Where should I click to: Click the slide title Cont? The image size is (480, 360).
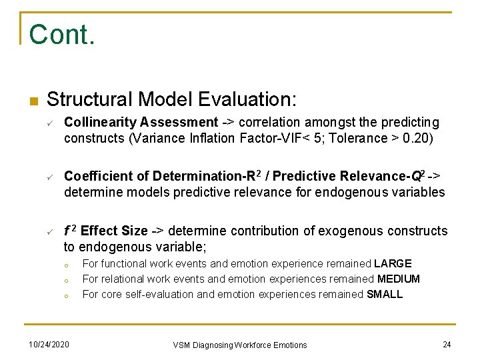click(x=62, y=35)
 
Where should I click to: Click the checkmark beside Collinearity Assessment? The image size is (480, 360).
click(x=49, y=123)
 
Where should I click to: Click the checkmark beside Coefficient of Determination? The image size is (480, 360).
click(x=49, y=177)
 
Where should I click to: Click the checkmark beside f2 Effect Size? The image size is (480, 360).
click(x=49, y=231)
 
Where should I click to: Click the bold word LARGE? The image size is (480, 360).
click(x=393, y=264)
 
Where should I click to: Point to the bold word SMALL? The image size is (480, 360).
click(x=385, y=294)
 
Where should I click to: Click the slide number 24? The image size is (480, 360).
click(x=447, y=344)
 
